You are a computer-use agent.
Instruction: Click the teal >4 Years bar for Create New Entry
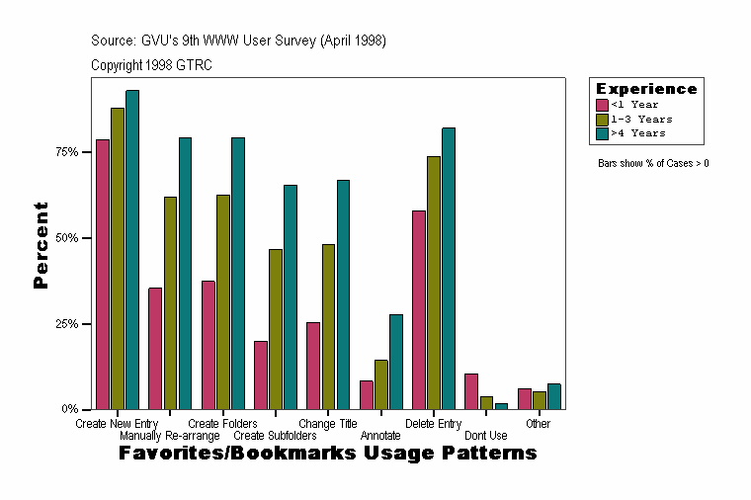click(x=132, y=249)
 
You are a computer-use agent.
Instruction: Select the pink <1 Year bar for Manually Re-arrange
click(x=155, y=348)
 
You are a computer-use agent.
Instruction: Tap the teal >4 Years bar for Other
click(x=554, y=396)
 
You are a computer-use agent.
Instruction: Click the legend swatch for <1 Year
click(x=602, y=105)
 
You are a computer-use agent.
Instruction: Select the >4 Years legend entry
click(x=638, y=132)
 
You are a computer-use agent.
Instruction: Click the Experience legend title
click(x=645, y=89)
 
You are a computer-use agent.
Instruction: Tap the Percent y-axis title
click(x=41, y=245)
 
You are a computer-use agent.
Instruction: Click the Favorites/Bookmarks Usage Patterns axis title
click(x=328, y=453)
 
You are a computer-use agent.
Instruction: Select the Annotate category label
click(x=380, y=435)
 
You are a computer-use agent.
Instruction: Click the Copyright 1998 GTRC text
click(x=151, y=65)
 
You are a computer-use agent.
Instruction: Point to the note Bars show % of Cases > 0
click(x=653, y=163)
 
